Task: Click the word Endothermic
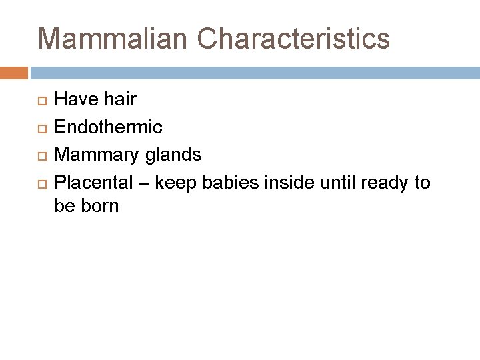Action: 108,127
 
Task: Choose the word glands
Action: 171,155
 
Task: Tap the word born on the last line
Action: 100,206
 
